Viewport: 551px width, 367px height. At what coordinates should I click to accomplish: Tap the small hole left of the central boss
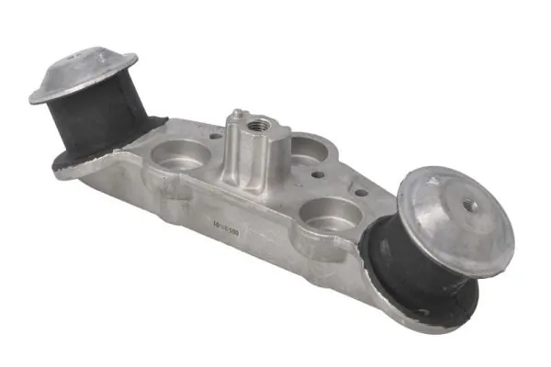coord(216,138)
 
